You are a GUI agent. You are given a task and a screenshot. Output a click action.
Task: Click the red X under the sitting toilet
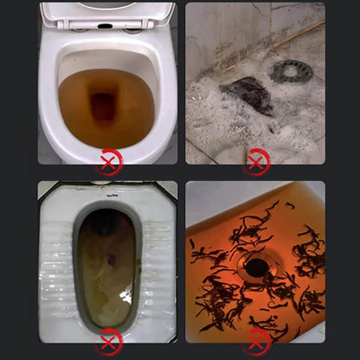pyautogui.click(x=108, y=160)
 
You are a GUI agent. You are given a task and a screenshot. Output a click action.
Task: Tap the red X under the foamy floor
pyautogui.click(x=256, y=160)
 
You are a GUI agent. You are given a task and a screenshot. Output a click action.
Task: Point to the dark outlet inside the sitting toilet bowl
pyautogui.click(x=103, y=108)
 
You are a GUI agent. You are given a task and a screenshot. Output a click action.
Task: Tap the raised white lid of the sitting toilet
pyautogui.click(x=107, y=12)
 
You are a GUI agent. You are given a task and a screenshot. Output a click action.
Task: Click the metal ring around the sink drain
pyautogui.click(x=256, y=258)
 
